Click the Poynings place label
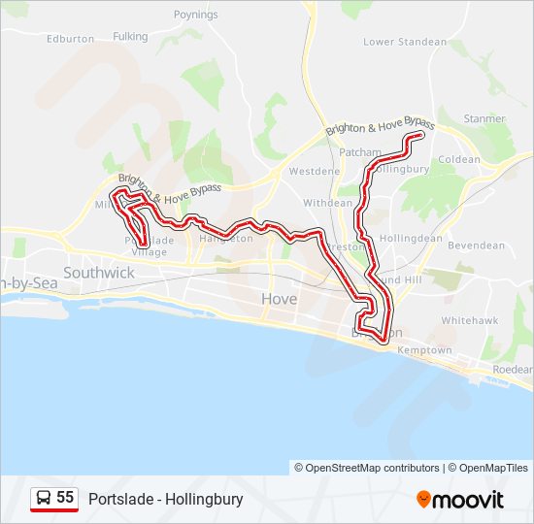click(196, 15)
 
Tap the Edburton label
click(70, 39)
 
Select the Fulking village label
click(130, 37)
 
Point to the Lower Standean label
click(405, 43)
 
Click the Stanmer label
click(484, 118)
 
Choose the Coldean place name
click(459, 159)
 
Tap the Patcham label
click(359, 152)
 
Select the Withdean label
click(328, 204)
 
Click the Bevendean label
click(477, 246)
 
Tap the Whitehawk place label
click(470, 319)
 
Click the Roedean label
click(513, 370)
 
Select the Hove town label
click(279, 299)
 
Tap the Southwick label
click(99, 273)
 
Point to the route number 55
click(65, 498)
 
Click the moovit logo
click(460, 500)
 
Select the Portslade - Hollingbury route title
click(165, 500)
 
